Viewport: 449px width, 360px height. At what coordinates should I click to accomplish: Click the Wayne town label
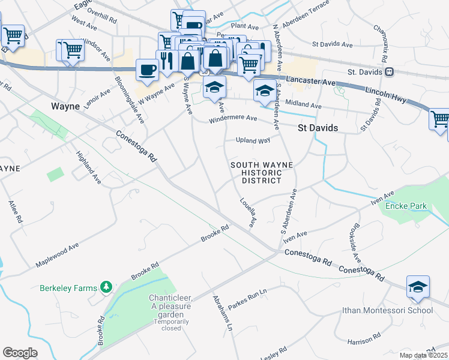point(65,106)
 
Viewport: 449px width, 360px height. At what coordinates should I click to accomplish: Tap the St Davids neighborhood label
point(318,128)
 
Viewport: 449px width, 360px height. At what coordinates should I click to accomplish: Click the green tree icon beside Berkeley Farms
point(106,287)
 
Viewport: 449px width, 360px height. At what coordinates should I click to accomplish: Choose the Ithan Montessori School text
point(387,310)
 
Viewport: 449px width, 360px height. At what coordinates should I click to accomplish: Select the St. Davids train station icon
point(390,72)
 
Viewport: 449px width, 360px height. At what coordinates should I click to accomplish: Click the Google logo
point(20,352)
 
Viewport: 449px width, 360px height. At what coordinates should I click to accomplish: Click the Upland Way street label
point(253,140)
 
